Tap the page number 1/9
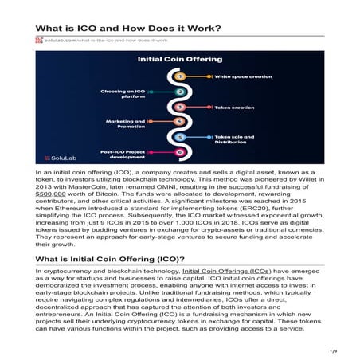(x=335, y=350)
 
